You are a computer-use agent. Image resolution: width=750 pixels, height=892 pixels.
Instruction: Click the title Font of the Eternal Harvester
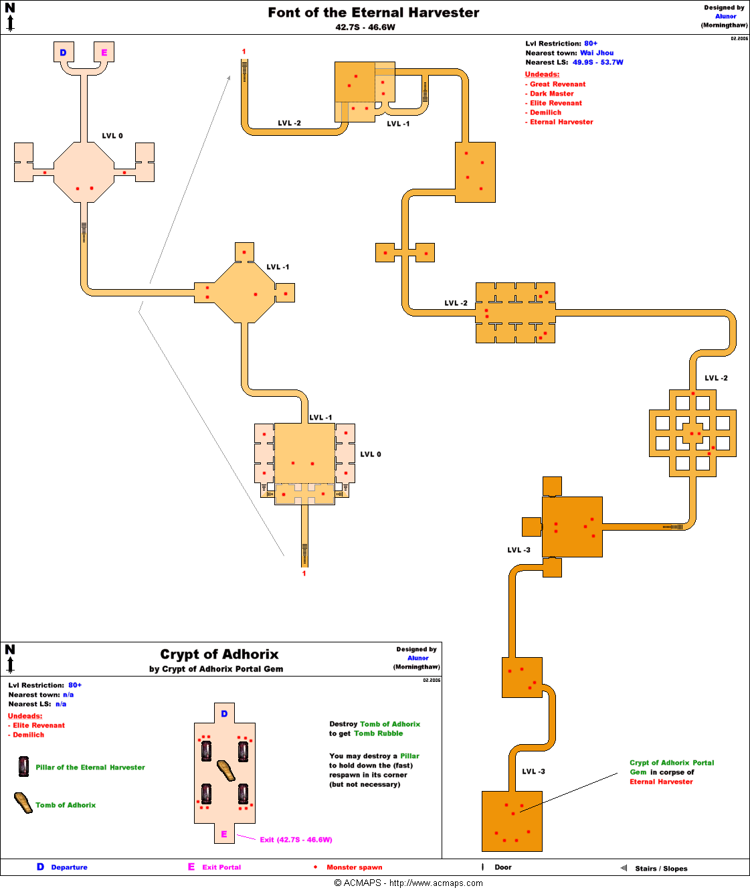(373, 13)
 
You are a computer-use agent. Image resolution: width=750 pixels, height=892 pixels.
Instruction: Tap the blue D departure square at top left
(64, 52)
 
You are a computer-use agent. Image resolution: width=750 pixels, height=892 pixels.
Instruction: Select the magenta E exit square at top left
(104, 52)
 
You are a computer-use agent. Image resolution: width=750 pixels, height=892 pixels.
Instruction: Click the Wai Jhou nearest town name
(596, 53)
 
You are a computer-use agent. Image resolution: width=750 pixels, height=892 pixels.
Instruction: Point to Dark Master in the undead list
(551, 94)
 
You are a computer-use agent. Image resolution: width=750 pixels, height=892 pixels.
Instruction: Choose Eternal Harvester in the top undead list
(561, 122)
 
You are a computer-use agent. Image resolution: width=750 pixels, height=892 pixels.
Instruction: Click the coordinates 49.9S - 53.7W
(597, 62)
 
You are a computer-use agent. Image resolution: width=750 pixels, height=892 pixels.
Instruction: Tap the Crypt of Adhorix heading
(219, 654)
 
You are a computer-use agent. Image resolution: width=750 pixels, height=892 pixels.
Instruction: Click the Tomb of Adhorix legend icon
(23, 803)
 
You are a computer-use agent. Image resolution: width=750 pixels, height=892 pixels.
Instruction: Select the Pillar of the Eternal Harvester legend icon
(23, 766)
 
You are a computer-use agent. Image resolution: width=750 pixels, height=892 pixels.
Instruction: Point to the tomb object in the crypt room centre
(226, 771)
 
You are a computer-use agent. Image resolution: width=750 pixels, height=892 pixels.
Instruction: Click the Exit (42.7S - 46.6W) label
(296, 840)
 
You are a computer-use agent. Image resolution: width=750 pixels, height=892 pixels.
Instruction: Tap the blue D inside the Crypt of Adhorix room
(224, 714)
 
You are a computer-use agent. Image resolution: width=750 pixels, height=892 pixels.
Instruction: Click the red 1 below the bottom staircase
(304, 573)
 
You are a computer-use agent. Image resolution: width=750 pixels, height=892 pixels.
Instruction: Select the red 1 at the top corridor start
(244, 52)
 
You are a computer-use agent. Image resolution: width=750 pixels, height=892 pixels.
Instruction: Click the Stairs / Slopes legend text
(661, 869)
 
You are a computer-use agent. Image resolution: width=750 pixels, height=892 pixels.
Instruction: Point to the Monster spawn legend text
(354, 867)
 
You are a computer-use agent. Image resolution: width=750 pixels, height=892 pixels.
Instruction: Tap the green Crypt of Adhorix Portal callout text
(671, 763)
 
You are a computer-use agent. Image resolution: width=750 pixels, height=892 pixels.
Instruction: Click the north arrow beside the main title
(10, 18)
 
